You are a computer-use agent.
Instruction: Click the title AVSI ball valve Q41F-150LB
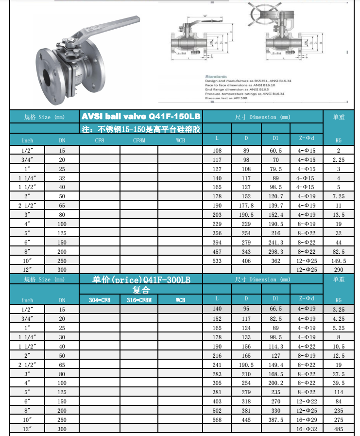[141, 117]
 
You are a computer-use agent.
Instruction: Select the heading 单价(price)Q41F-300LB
[141, 280]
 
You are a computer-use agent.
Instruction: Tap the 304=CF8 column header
[99, 300]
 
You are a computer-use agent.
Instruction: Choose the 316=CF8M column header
[139, 300]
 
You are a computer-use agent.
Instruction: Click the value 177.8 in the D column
[246, 206]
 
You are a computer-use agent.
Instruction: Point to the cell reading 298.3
[275, 251]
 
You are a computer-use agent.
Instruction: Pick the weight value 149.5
[338, 260]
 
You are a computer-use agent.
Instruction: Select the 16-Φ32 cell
[306, 429]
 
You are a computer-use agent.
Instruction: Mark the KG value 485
[338, 429]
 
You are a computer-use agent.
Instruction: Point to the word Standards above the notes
[215, 77]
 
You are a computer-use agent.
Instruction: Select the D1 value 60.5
[275, 151]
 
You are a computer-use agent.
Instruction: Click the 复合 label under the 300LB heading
[141, 290]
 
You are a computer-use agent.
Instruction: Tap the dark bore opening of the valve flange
[49, 78]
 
